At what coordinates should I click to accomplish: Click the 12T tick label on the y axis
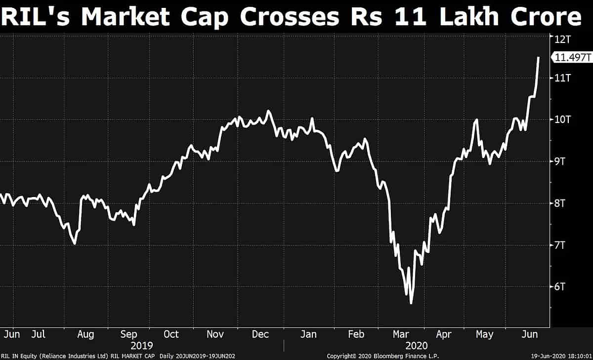[x=563, y=39]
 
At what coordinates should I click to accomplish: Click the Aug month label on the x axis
[x=85, y=334]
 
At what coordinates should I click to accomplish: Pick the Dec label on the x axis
[x=260, y=334]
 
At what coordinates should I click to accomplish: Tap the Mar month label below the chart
[x=400, y=334]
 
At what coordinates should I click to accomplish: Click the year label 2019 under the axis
[x=142, y=345]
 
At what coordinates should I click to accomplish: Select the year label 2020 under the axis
[x=416, y=345]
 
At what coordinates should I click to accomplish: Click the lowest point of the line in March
[x=411, y=303]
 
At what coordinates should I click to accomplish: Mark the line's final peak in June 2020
[x=538, y=58]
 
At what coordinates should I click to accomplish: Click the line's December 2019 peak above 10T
[x=268, y=111]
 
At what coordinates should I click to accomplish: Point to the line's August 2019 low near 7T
[x=74, y=243]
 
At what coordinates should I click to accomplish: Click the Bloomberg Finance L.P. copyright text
[x=383, y=356]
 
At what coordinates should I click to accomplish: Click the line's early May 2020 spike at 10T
[x=476, y=120]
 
